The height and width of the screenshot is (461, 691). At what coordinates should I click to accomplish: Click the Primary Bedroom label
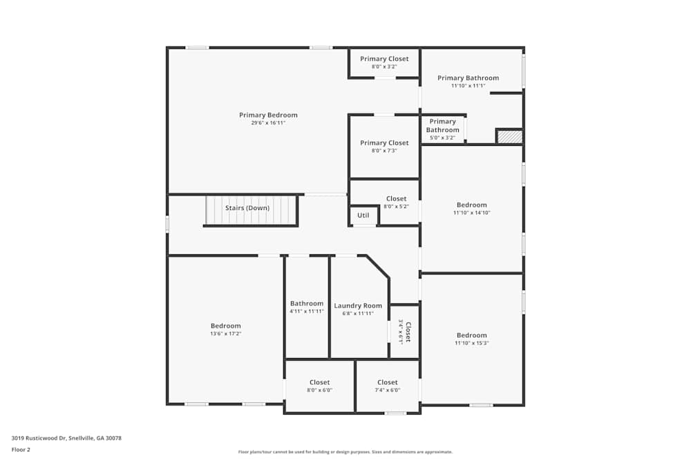coord(268,115)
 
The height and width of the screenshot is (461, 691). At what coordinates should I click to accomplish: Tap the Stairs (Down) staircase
coord(251,210)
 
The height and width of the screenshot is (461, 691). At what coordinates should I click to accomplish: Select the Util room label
coord(363,216)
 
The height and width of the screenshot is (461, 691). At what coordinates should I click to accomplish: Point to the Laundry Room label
coord(358,305)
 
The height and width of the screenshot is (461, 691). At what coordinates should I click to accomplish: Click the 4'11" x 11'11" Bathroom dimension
coord(307,312)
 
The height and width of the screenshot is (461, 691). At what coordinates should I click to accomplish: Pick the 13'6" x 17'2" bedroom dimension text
coord(226,334)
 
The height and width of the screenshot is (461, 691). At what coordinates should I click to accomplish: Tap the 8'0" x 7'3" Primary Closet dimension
coord(384,151)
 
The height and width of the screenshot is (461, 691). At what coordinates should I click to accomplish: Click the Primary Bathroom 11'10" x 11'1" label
coord(468,78)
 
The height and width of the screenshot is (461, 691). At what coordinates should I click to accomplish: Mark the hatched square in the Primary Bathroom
coord(509,137)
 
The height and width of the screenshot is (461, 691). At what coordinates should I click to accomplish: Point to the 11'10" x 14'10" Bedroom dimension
coord(472,213)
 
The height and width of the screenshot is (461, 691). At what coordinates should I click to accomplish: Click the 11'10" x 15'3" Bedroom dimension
coord(472,344)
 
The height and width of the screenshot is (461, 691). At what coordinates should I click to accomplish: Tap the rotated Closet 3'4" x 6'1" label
coord(404,332)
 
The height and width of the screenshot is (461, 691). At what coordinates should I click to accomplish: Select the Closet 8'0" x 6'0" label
coord(319,382)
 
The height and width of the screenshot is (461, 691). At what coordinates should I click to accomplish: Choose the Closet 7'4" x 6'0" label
coord(387,382)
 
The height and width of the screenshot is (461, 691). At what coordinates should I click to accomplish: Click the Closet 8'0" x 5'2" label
coord(396,199)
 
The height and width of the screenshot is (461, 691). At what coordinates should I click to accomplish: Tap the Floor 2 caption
coord(21,449)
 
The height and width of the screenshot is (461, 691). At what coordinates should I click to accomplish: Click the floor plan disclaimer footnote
coord(345,452)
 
